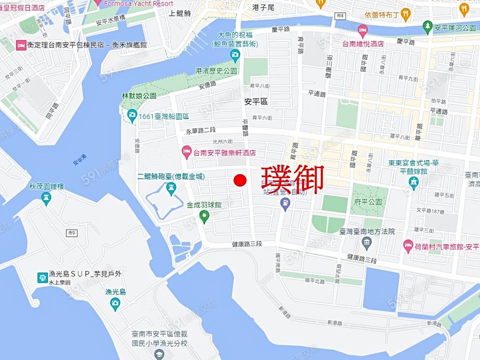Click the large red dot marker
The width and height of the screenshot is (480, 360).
240,180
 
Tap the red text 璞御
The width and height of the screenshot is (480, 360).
292,180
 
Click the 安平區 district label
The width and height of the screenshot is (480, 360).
255,101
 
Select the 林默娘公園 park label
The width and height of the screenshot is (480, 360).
139,96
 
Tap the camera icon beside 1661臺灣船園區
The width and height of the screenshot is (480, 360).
131,116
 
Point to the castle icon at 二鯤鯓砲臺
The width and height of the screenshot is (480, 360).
171,187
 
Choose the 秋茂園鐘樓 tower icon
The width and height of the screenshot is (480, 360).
46,198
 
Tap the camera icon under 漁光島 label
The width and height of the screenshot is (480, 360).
115,303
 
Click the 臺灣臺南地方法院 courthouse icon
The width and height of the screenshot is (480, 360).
366,243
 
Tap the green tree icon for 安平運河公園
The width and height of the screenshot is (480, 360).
427,27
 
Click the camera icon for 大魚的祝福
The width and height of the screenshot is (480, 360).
235,54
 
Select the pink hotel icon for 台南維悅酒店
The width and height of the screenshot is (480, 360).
363,30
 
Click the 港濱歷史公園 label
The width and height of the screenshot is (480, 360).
216,71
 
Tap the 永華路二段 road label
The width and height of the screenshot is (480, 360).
201,131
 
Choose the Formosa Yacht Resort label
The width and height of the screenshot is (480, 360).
139,3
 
